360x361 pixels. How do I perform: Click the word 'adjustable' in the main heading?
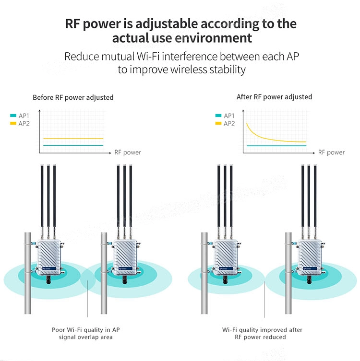point(167,24)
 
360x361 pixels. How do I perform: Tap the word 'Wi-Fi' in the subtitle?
point(148,57)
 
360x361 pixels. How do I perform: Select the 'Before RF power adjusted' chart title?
point(73,98)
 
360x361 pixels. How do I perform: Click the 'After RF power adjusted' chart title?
point(274,97)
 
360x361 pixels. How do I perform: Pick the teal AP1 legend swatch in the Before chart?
point(13,116)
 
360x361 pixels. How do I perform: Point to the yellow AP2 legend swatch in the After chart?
point(218,123)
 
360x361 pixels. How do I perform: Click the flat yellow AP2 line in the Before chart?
point(73,139)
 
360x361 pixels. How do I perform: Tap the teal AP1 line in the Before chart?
point(73,146)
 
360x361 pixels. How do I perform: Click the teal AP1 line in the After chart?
point(276,146)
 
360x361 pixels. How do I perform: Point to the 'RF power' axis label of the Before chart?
point(128,152)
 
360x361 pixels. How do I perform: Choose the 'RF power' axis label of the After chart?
point(331,152)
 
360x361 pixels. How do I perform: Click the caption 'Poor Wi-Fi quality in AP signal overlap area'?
point(86,333)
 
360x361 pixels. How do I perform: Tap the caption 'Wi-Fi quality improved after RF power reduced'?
point(262,333)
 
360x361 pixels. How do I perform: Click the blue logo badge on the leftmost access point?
point(49,268)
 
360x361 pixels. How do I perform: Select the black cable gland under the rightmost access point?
point(309,279)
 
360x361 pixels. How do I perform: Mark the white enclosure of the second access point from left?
point(125,257)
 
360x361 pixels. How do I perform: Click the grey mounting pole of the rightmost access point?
point(288,273)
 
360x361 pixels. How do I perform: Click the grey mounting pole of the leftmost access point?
point(28,273)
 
